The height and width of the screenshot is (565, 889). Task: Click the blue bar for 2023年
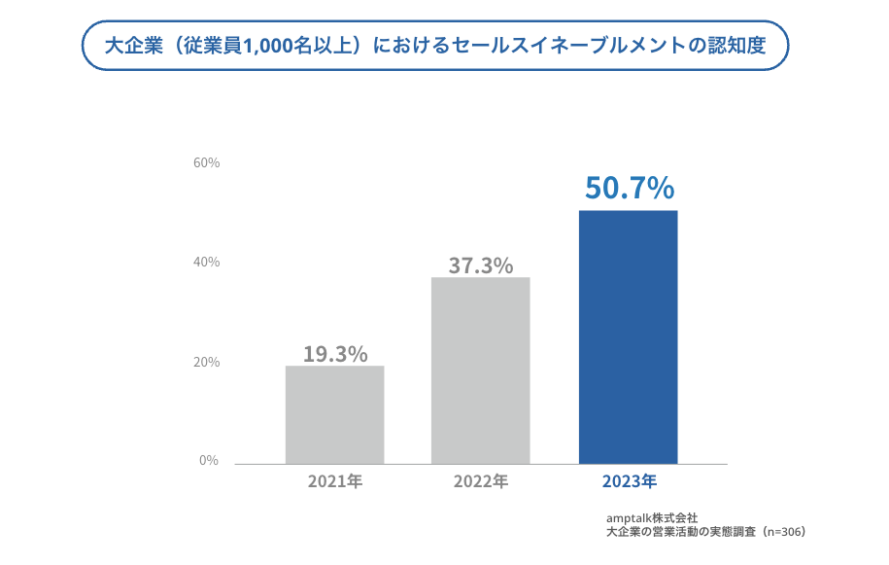tap(628, 336)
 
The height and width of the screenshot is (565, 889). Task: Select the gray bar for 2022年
tap(481, 371)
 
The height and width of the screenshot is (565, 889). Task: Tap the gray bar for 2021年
tap(334, 414)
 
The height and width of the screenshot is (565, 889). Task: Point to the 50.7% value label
tap(629, 187)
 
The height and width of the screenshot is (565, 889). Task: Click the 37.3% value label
tap(481, 265)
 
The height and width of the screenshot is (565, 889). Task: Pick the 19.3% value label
tap(335, 354)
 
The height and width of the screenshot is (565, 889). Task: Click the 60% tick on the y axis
tap(207, 162)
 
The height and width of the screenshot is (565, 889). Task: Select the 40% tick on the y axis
tap(207, 263)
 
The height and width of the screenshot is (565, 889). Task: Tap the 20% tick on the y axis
tap(207, 362)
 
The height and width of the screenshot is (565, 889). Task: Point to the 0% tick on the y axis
tap(210, 460)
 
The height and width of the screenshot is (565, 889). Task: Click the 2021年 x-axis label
tap(334, 481)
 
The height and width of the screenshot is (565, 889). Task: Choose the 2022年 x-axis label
tap(481, 481)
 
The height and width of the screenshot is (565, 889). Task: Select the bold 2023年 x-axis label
tap(629, 481)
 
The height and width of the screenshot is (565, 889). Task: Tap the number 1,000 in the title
tap(269, 45)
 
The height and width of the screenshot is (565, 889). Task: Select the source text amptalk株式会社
tap(651, 518)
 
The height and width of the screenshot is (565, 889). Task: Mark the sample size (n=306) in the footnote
tap(783, 532)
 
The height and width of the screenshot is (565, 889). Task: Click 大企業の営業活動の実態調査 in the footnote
tap(680, 532)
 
